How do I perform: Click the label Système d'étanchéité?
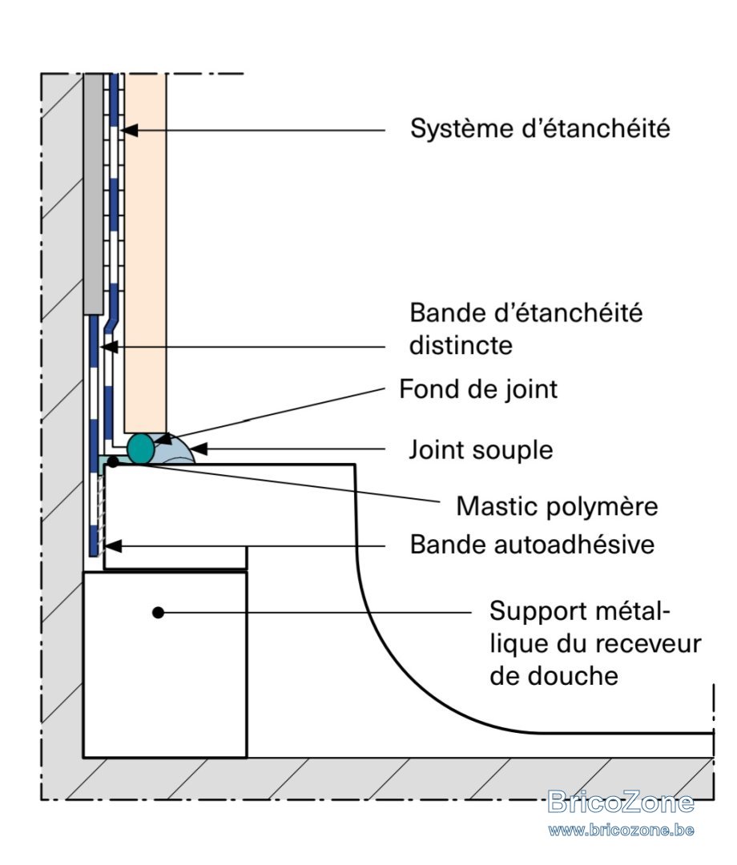(540, 128)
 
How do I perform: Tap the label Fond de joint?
(478, 389)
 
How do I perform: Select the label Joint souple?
(481, 450)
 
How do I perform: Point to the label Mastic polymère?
(558, 506)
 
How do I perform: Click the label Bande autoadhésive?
(533, 545)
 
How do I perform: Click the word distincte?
(461, 346)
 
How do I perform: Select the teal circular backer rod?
(141, 448)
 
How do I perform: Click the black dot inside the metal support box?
(159, 613)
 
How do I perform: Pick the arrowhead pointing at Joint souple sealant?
(199, 449)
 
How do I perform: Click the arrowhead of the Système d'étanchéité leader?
(128, 131)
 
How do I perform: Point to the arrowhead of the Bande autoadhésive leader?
(112, 546)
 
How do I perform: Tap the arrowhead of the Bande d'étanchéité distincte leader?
(108, 347)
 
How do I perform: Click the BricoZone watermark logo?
(621, 802)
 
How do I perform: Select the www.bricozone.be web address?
(621, 830)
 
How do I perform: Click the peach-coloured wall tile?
(145, 253)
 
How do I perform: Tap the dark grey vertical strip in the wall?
(93, 194)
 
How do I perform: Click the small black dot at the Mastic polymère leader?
(112, 461)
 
